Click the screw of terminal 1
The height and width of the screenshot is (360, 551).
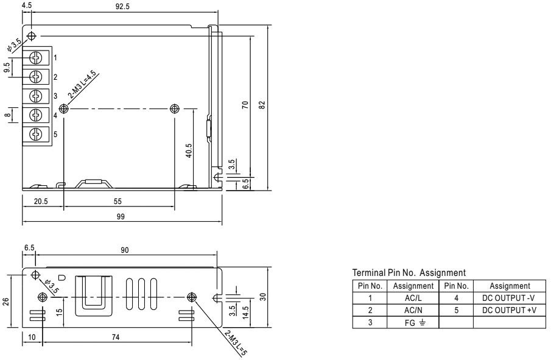tap(36, 57)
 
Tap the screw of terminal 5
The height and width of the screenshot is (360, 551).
tap(36, 134)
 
